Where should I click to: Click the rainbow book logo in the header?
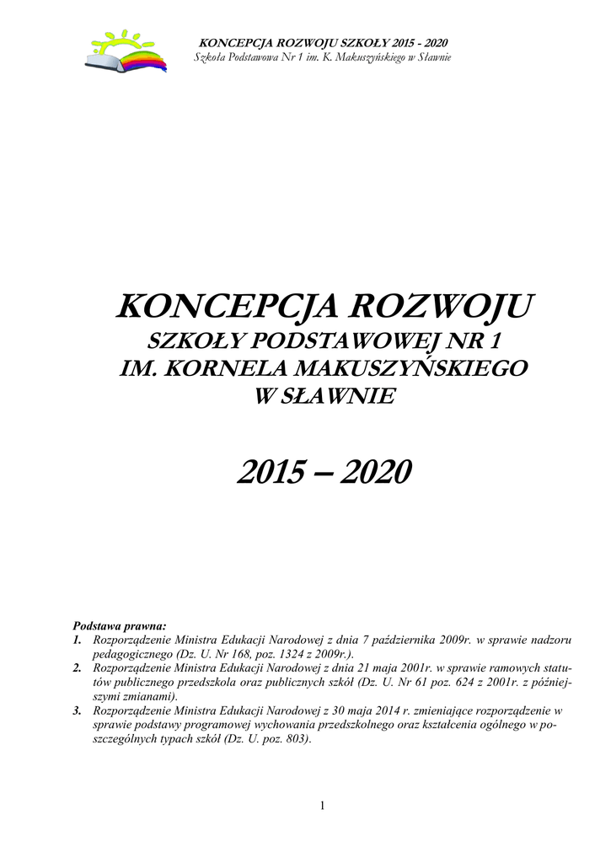(126, 51)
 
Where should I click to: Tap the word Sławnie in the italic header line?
(433, 56)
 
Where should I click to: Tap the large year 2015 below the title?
(270, 473)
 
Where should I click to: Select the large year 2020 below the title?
(376, 473)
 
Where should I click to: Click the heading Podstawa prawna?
(120, 626)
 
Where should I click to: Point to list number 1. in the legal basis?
(78, 641)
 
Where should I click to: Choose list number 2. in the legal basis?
(78, 668)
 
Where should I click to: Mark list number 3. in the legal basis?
(78, 710)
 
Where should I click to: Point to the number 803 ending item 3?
(297, 739)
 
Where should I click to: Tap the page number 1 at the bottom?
(322, 807)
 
